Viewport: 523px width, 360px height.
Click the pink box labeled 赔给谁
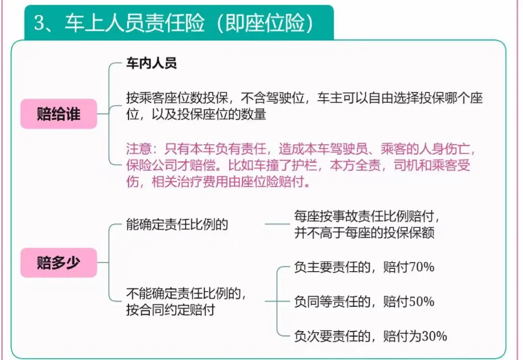(59, 114)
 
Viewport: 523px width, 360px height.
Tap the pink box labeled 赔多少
(59, 263)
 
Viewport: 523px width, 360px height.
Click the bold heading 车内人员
(151, 63)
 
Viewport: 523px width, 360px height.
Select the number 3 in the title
(40, 23)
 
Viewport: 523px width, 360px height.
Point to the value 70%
(422, 267)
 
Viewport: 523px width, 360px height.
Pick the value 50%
(422, 302)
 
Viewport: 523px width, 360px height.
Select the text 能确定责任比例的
(177, 224)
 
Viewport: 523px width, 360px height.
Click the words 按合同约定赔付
(171, 310)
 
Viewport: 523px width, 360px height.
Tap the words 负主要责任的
(332, 267)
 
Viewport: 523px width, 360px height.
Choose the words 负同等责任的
(332, 302)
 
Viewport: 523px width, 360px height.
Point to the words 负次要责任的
(332, 336)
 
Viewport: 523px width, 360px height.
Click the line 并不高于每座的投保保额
(365, 233)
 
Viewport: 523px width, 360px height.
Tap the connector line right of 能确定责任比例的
(277, 224)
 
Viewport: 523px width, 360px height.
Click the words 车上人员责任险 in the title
(135, 23)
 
